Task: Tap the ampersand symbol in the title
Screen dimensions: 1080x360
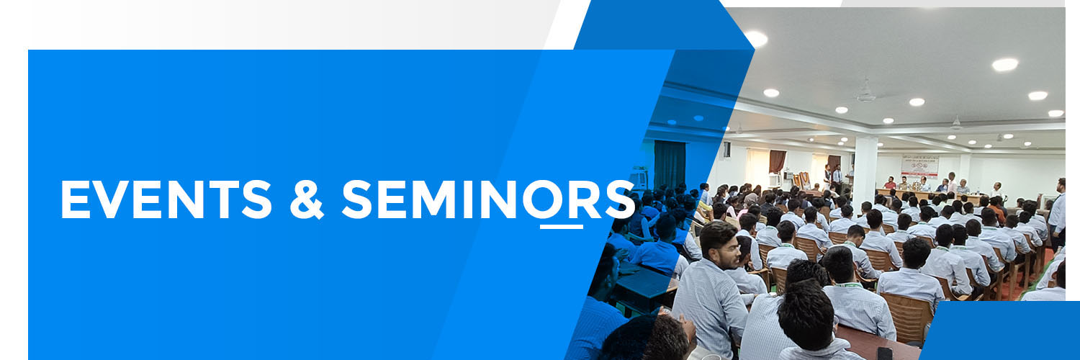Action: (307, 199)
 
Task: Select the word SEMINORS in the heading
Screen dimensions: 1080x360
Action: (487, 199)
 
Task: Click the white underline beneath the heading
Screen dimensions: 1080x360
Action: (561, 227)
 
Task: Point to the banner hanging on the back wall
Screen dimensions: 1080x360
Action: (920, 166)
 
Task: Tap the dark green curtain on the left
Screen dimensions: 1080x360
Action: (670, 165)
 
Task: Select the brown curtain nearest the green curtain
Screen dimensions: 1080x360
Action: (777, 161)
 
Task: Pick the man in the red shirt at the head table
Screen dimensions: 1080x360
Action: (890, 183)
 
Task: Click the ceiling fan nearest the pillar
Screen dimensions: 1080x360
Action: (866, 94)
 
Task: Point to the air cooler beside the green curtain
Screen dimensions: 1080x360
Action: (639, 179)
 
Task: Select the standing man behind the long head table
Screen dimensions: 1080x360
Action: (952, 182)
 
